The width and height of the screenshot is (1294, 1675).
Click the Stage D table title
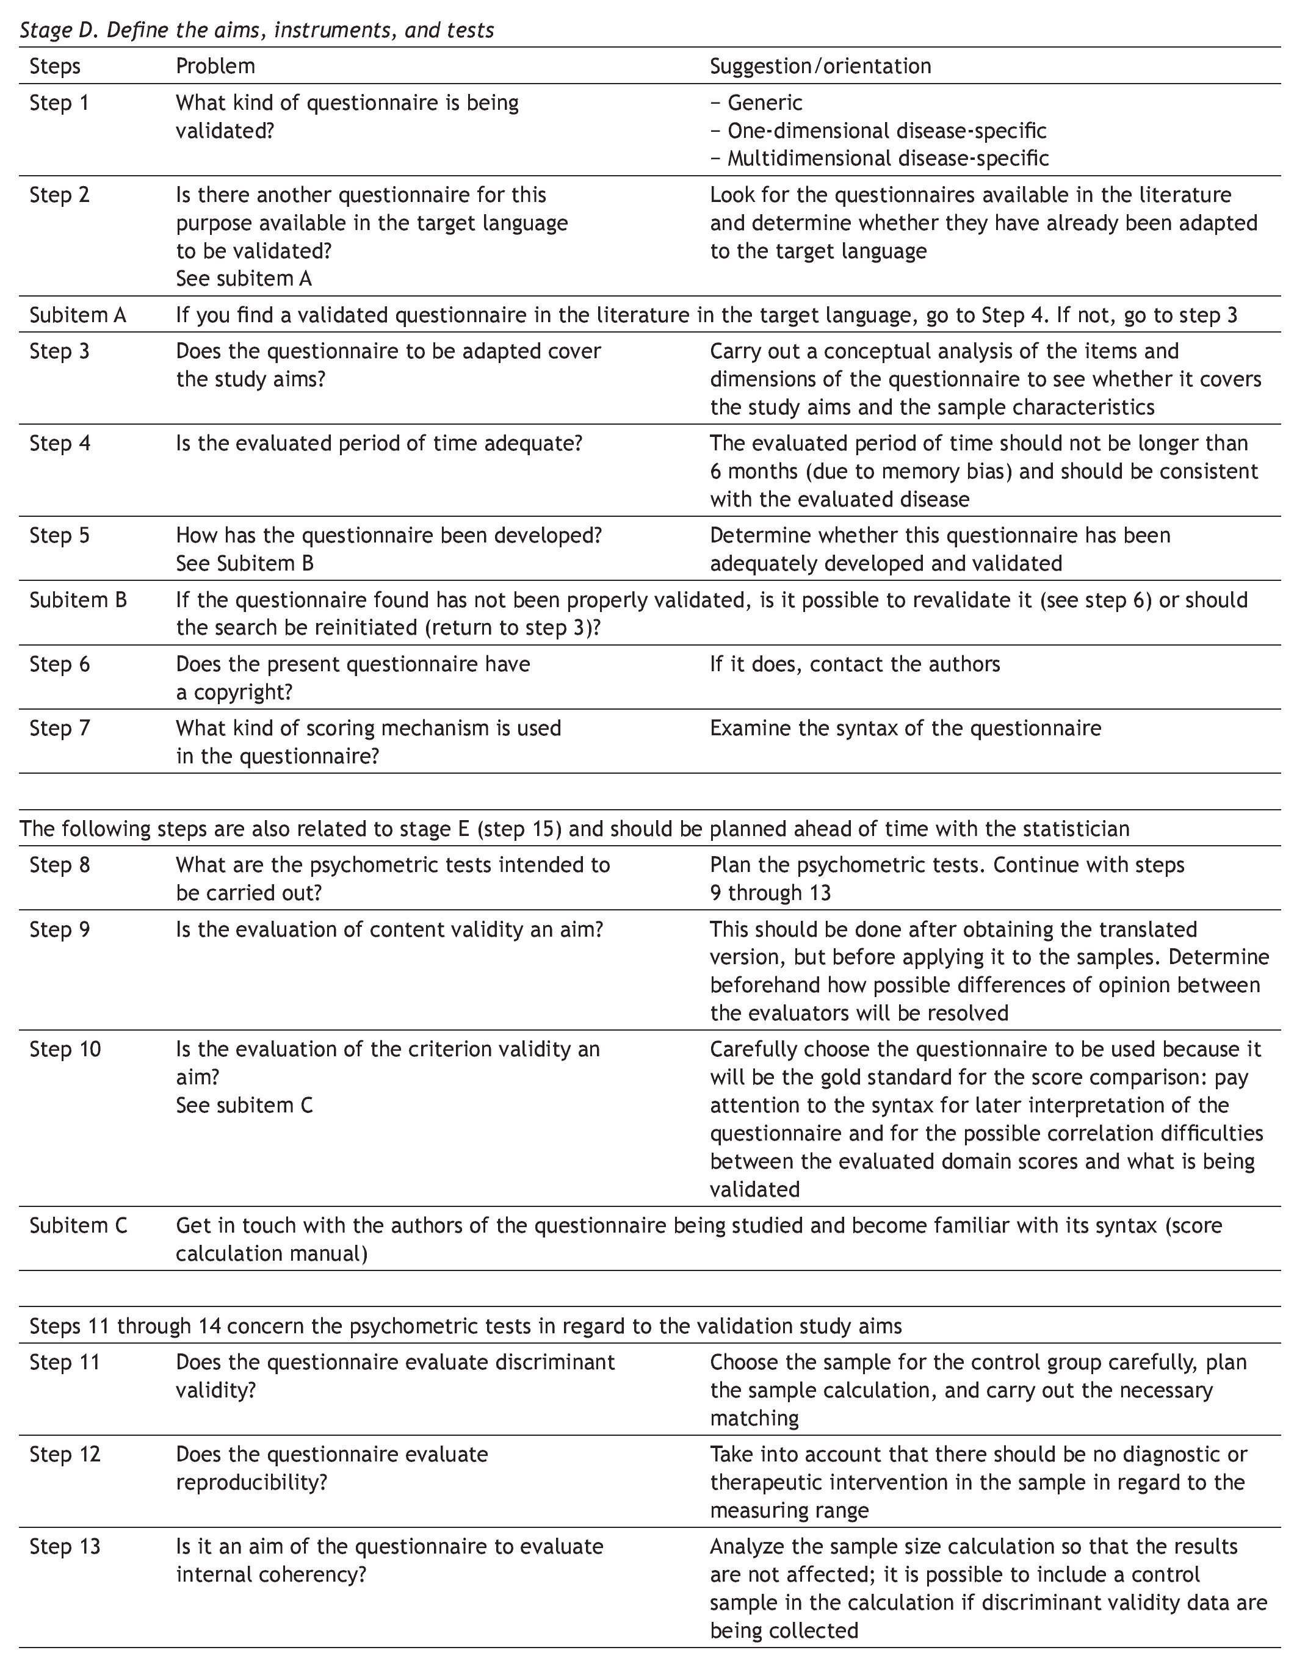[256, 30]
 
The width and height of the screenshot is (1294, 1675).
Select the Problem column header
[215, 66]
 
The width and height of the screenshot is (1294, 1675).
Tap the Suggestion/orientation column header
[820, 66]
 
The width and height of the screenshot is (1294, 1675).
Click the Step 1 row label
[59, 103]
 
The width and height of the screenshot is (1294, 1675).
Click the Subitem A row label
[78, 315]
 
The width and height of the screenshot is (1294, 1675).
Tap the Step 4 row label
[59, 443]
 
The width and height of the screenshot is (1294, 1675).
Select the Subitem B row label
[78, 600]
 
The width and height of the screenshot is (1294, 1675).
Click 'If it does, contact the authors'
[855, 664]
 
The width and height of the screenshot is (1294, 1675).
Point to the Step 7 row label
[59, 728]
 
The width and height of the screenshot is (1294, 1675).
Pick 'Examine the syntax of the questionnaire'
[905, 728]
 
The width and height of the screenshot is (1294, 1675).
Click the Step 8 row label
[59, 865]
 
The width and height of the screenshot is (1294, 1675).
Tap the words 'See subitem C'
[244, 1105]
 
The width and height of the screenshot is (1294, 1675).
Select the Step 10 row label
[65, 1049]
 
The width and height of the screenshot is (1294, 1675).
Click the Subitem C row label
[78, 1225]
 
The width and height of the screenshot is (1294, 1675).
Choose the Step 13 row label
[65, 1546]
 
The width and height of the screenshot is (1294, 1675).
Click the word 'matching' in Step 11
[754, 1418]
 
